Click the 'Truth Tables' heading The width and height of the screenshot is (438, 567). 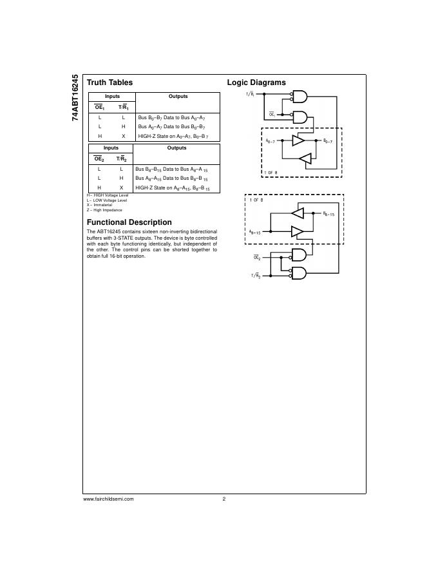pyautogui.click(x=110, y=82)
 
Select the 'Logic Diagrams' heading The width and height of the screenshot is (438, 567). pyautogui.click(x=256, y=82)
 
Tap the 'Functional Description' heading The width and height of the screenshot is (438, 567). pyautogui.click(x=129, y=222)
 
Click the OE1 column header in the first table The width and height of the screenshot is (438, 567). pyautogui.click(x=99, y=108)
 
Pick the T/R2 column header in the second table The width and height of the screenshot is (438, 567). pyautogui.click(x=121, y=159)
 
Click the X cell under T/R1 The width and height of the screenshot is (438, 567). pyautogui.click(x=124, y=137)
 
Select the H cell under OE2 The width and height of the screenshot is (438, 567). pyautogui.click(x=99, y=187)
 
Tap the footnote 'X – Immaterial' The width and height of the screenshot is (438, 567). pyautogui.click(x=99, y=206)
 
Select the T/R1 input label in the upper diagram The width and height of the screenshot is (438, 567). pyautogui.click(x=249, y=95)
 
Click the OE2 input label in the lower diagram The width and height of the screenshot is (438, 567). pyautogui.click(x=256, y=257)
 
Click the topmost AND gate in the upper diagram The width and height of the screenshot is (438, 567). pyautogui.click(x=300, y=97)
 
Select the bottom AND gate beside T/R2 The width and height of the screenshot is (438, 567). pyautogui.click(x=300, y=274)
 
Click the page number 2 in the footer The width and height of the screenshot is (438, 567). pyautogui.click(x=224, y=499)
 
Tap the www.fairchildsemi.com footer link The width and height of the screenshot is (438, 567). pyautogui.click(x=108, y=499)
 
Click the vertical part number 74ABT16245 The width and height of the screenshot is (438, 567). pyautogui.click(x=75, y=98)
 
